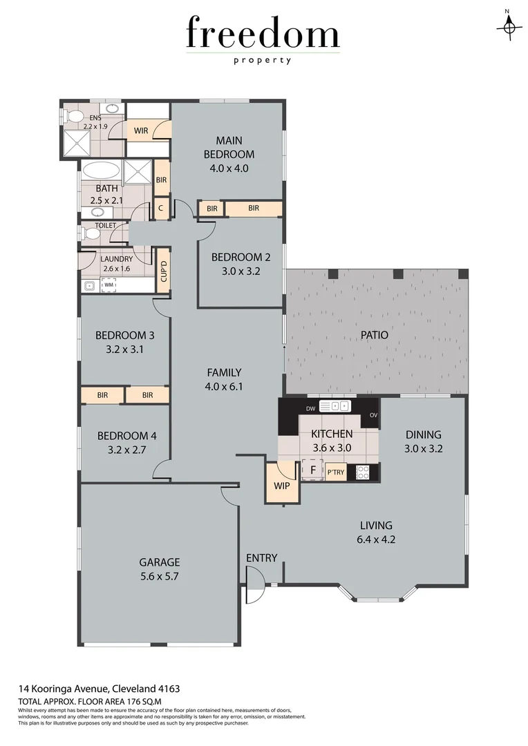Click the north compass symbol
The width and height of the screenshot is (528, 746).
coord(509,25)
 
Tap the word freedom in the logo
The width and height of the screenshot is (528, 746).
coord(263,35)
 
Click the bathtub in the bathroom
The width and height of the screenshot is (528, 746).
coord(102,171)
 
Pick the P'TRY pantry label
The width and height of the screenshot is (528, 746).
coord(336,472)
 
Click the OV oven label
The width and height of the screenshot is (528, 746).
coord(373,415)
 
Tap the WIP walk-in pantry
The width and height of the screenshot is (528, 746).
coord(281,486)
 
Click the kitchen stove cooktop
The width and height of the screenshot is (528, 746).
coord(362,472)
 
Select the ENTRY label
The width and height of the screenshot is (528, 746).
coord(261,558)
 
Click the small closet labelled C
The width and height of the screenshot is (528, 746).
coord(161,208)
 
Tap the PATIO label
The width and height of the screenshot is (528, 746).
coord(375,335)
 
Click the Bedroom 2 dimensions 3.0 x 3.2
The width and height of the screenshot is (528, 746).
coord(236,271)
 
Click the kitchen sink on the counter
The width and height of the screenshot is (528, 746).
coord(334,406)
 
